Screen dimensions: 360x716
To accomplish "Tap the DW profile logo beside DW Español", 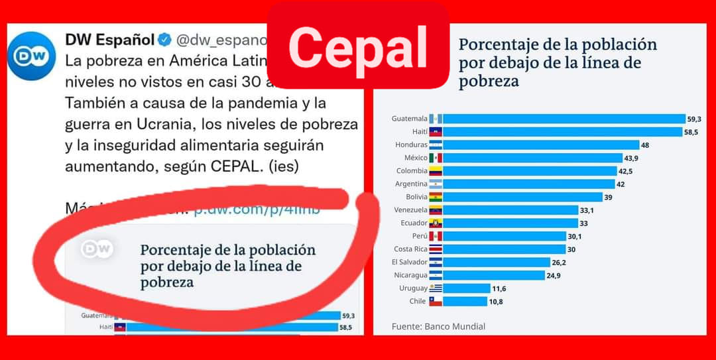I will click(31, 56).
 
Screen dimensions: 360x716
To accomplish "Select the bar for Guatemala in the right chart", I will click(564, 119).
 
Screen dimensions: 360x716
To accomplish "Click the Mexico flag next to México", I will click(435, 158).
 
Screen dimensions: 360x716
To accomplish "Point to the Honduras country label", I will click(412, 145).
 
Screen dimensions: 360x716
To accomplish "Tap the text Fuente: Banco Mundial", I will click(438, 326).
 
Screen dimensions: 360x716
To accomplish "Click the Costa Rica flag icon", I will click(435, 249).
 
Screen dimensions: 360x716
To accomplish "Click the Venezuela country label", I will click(409, 210).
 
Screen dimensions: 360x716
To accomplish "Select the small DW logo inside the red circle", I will click(97, 249).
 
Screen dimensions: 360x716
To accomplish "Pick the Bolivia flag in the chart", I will click(435, 197).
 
